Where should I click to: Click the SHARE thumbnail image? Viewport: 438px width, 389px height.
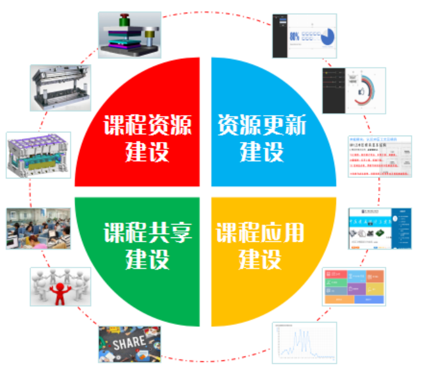point(130,344)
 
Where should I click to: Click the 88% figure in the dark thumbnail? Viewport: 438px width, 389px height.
point(295,37)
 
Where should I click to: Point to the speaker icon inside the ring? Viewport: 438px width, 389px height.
point(361,91)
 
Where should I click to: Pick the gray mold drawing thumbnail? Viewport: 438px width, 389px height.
point(60,87)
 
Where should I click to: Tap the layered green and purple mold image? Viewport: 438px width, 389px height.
point(129,35)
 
